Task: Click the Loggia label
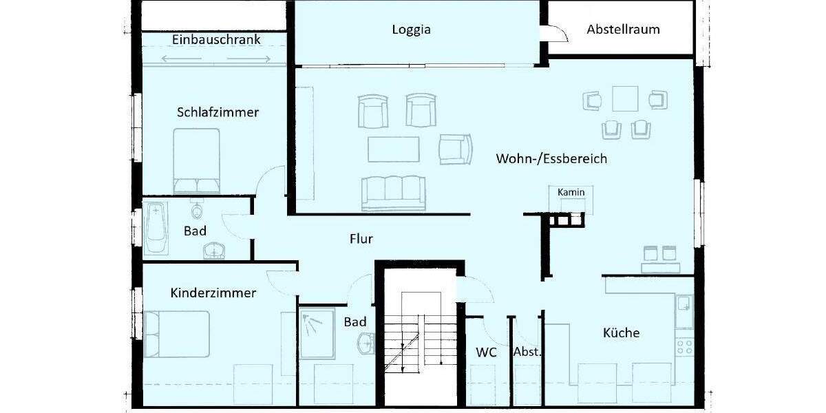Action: [x=412, y=30]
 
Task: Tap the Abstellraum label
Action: [x=623, y=30]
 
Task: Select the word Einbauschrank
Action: [x=216, y=40]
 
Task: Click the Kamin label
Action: [x=571, y=192]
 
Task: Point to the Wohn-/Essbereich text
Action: [x=551, y=159]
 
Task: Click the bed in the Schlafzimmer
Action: [x=196, y=162]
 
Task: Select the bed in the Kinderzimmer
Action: [x=177, y=334]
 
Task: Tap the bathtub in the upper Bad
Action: [x=156, y=226]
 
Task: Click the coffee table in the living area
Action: [x=393, y=149]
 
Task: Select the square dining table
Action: [x=626, y=98]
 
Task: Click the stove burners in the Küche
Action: [x=684, y=346]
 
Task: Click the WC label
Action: [x=486, y=352]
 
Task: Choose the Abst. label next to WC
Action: [x=527, y=352]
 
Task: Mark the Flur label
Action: [x=361, y=239]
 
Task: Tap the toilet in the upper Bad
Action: [x=198, y=209]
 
